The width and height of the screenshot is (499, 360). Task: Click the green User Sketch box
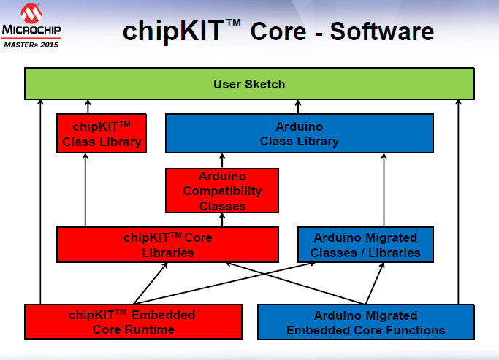pos(249,84)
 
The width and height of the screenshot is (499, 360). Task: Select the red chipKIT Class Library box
pos(102,134)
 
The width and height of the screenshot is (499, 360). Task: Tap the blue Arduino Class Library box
pos(300,134)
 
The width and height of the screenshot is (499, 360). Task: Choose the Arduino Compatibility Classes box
pos(222,191)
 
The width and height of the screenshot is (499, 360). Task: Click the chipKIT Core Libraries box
pos(167,245)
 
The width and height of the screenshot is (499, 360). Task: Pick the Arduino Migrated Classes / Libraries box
pos(365,245)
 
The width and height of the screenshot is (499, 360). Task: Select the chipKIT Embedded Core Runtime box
pos(132,322)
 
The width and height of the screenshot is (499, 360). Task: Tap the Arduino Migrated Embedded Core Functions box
pos(365,322)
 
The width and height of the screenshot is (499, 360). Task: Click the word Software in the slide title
pos(381,31)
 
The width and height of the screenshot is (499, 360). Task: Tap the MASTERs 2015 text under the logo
pos(32,44)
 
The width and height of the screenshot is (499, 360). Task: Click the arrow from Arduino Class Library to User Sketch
pos(299,107)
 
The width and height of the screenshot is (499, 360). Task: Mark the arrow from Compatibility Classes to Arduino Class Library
pos(222,161)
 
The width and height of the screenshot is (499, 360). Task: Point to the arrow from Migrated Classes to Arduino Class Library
pos(384,190)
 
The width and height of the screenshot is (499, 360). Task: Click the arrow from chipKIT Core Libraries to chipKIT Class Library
pos(85,190)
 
